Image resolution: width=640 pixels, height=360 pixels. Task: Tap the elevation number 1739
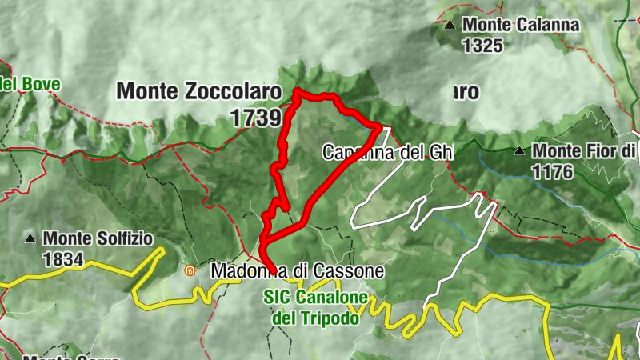(256, 118)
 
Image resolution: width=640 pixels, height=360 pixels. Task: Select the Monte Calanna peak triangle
(451, 25)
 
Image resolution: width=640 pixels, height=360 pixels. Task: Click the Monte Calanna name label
(520, 25)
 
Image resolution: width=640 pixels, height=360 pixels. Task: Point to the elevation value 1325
(482, 46)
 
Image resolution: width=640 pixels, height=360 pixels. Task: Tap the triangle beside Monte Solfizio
(30, 238)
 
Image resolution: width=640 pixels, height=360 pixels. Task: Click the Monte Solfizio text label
(97, 238)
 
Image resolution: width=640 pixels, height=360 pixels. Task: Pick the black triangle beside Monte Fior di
(520, 150)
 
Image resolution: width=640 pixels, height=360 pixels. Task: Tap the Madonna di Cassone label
(298, 272)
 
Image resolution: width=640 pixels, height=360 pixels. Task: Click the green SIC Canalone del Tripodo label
(316, 308)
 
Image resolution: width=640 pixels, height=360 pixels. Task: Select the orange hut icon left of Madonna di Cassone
(190, 271)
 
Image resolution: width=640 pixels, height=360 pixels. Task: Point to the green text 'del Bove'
(26, 83)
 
